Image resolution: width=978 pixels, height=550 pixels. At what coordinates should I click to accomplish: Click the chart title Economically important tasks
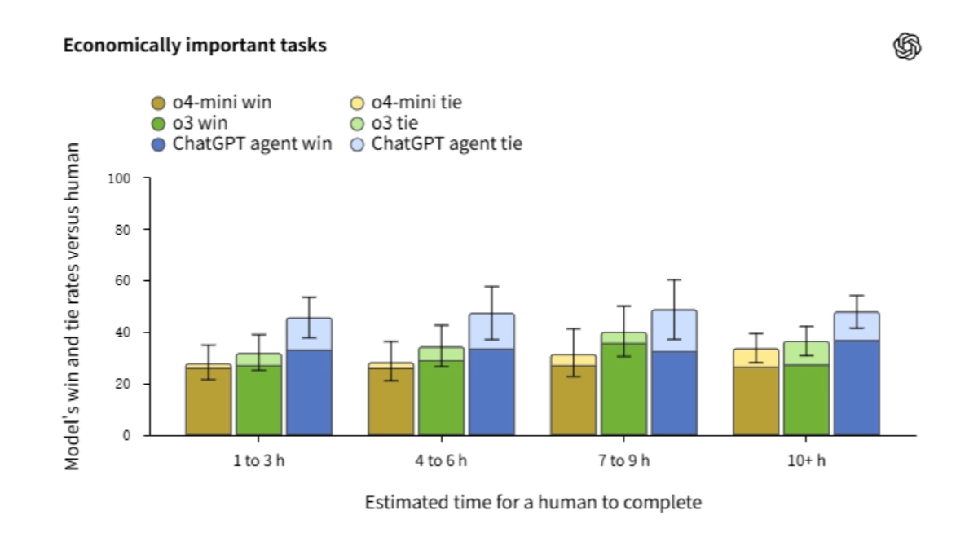coord(195,46)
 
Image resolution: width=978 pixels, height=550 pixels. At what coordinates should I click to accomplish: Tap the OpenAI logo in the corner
coord(907,47)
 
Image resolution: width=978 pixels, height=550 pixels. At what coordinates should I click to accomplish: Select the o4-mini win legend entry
coord(211,103)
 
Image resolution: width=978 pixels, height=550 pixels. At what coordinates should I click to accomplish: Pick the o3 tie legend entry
coord(394,124)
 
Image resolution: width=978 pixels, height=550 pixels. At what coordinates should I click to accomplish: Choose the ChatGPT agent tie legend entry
coord(438,145)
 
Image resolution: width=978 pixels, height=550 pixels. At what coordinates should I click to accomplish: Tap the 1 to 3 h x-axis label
coord(258,461)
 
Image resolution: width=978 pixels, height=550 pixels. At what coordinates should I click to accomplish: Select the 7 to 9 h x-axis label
coord(623,461)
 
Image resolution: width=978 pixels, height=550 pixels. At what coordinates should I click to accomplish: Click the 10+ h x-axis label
coord(806,461)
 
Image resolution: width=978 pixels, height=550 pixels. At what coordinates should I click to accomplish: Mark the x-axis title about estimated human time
coord(532,502)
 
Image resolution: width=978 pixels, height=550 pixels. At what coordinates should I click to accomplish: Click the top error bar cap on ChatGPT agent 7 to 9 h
coord(673,280)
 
